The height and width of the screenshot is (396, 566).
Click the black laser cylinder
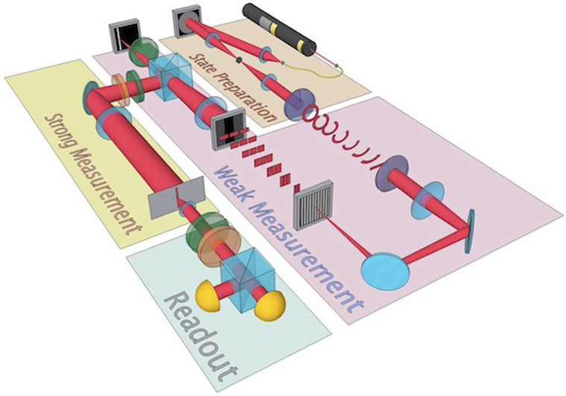click(x=279, y=29)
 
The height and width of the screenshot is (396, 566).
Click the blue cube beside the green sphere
click(x=170, y=77)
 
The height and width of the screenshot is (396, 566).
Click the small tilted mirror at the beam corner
click(x=468, y=231)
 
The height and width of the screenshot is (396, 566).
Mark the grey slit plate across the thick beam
click(x=177, y=198)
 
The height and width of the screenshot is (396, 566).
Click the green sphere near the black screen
click(x=143, y=51)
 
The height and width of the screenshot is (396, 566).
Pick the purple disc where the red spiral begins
click(x=299, y=104)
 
